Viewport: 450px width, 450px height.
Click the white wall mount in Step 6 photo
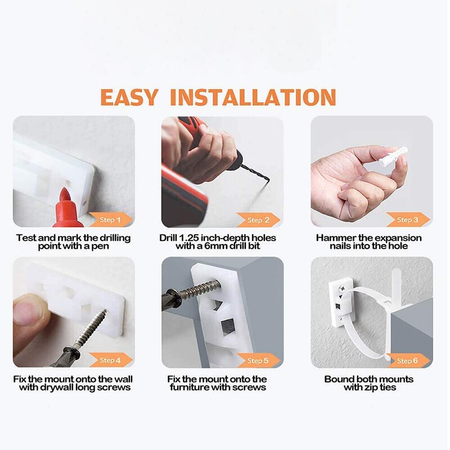[x=341, y=303]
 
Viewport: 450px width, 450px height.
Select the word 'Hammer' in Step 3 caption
[x=336, y=238]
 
